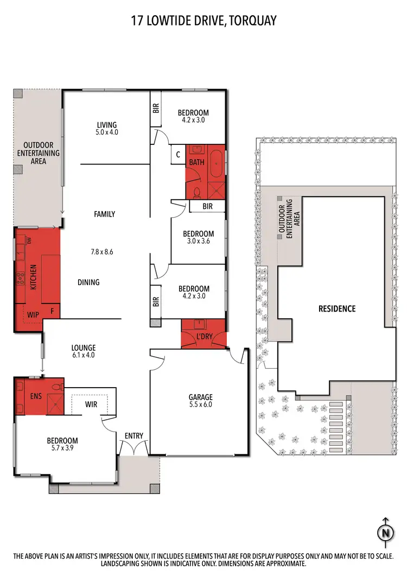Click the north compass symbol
coord(386,532)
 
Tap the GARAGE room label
coord(201,397)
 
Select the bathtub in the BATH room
coord(217,164)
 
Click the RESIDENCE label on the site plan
coord(336,308)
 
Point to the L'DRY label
coord(204,337)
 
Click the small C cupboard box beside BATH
coord(178,155)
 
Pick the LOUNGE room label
coord(84,348)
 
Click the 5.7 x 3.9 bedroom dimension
coord(62,448)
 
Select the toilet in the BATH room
coord(197,191)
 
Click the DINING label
coord(88,282)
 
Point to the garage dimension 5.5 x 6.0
coord(201,405)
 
